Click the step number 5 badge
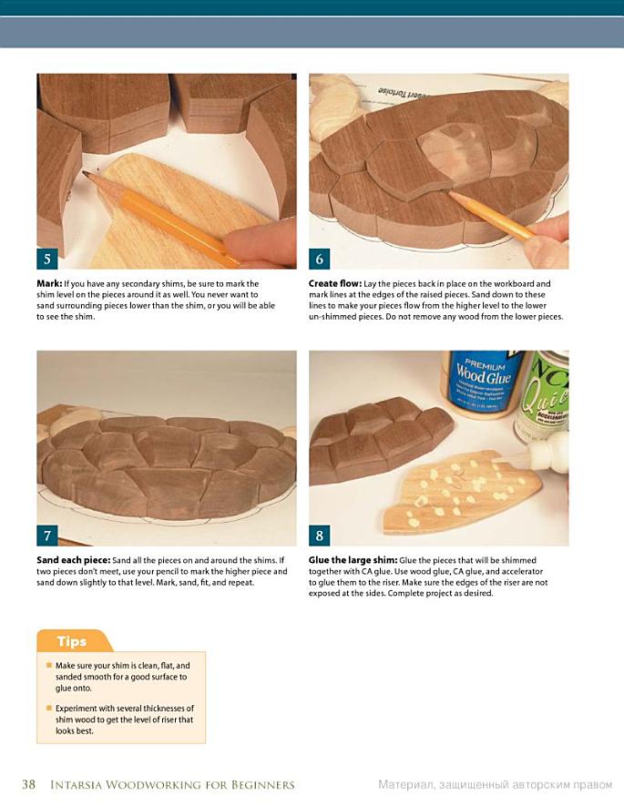click(x=46, y=259)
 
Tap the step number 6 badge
click(x=319, y=259)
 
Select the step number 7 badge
click(x=46, y=536)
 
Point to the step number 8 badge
click(x=319, y=536)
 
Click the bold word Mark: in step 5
click(x=49, y=283)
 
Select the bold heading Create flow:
click(x=335, y=283)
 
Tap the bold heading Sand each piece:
click(x=73, y=560)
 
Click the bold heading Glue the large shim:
click(x=353, y=560)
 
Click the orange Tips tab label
click(x=72, y=641)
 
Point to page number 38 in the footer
click(x=29, y=784)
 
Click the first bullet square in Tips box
click(x=49, y=665)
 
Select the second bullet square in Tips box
click(x=49, y=708)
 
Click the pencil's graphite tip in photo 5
click(x=86, y=174)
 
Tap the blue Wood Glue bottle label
click(x=483, y=382)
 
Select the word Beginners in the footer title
click(x=262, y=785)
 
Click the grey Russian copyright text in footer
click(x=496, y=785)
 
